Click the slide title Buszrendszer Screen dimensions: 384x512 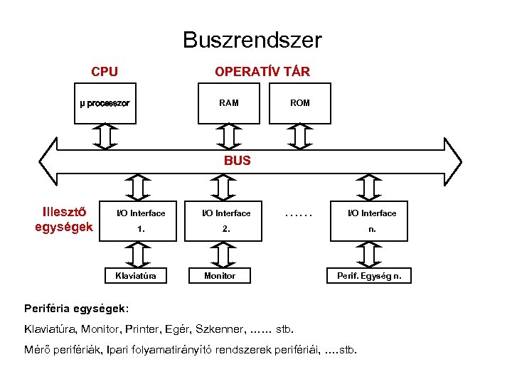(252, 40)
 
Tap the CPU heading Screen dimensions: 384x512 (105, 72)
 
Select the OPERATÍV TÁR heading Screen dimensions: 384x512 (262, 72)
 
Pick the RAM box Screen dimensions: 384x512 (229, 103)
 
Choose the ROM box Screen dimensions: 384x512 (300, 103)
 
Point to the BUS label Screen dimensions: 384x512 (238, 161)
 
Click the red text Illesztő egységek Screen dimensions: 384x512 (64, 219)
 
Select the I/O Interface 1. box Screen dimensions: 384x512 (141, 221)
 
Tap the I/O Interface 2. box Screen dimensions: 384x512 (226, 221)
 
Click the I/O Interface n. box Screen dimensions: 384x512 (371, 221)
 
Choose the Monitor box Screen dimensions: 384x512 (220, 275)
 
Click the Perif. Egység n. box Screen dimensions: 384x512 (368, 275)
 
